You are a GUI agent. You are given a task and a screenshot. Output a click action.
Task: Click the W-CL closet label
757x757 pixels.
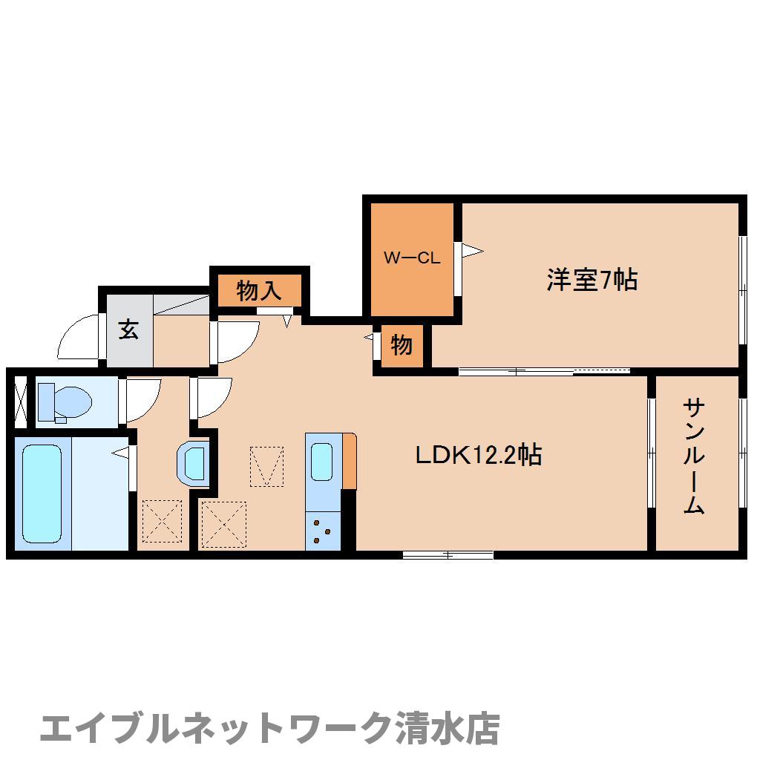[412, 258]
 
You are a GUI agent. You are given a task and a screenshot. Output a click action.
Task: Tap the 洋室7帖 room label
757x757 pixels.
[591, 280]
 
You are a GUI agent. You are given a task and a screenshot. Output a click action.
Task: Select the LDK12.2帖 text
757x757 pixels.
[477, 454]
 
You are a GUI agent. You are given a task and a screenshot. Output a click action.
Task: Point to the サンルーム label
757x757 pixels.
[693, 456]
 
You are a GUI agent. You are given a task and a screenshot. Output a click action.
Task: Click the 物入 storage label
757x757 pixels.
[259, 291]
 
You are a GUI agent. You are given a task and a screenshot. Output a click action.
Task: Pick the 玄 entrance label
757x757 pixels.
[128, 329]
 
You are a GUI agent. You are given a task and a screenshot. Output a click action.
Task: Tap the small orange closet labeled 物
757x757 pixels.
[401, 345]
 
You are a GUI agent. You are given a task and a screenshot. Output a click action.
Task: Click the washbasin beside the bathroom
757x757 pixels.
[193, 464]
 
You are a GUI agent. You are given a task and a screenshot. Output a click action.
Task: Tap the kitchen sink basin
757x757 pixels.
[322, 461]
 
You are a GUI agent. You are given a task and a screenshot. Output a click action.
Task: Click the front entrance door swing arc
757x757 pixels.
[79, 338]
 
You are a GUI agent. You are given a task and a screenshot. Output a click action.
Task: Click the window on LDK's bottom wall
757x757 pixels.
[448, 554]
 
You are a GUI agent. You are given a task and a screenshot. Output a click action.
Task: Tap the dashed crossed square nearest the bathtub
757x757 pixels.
[161, 521]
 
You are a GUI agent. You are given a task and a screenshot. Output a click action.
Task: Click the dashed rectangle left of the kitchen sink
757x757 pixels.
[266, 466]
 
